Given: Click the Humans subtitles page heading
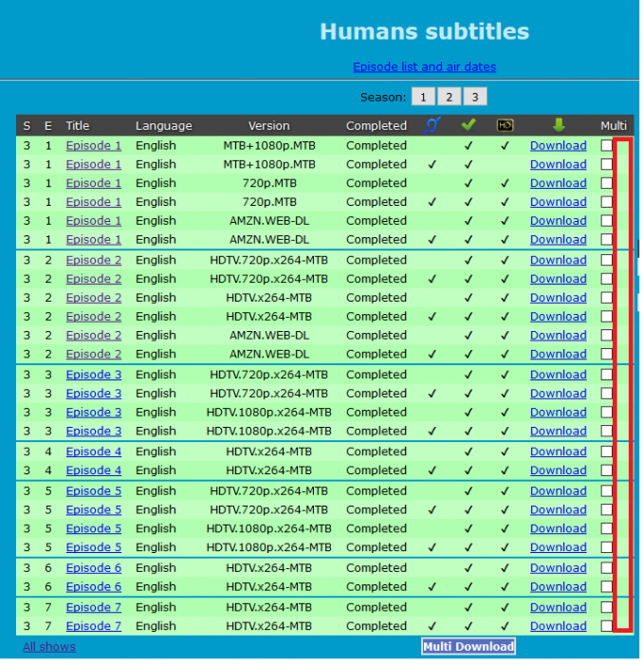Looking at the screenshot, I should (424, 31).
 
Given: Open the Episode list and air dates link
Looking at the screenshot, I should (424, 67).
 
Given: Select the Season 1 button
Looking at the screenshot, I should (422, 97).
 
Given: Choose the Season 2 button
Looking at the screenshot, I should (449, 97).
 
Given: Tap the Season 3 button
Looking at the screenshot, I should (475, 97).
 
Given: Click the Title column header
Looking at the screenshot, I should (78, 126).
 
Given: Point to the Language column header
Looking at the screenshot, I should (163, 126).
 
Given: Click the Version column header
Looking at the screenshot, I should (269, 126).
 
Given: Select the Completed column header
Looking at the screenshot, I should (377, 126).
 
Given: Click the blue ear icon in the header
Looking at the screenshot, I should (432, 125).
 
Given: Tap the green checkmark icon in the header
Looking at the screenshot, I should (468, 125).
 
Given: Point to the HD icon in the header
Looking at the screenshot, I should (505, 125).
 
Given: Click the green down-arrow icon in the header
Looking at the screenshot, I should (558, 125).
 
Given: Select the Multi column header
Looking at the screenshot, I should (614, 126).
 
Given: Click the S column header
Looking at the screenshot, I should (27, 126).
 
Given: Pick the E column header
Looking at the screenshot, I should (48, 126).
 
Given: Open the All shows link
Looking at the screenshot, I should (49, 647).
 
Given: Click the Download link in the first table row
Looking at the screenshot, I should (558, 146).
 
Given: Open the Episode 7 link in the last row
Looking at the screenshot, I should (93, 626).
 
